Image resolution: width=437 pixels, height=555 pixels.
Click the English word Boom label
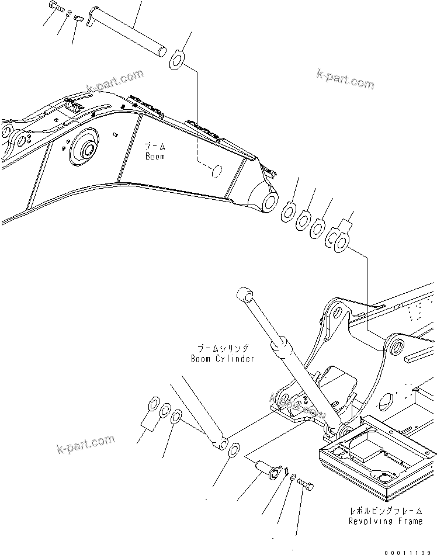(x=155, y=157)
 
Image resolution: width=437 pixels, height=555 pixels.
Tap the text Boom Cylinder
(x=223, y=358)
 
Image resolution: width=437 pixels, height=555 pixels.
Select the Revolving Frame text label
(x=385, y=521)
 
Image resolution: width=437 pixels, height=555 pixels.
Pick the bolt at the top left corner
(x=54, y=6)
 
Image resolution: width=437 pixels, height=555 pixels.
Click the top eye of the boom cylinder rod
(x=243, y=294)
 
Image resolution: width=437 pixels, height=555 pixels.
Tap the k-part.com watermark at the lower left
(x=86, y=444)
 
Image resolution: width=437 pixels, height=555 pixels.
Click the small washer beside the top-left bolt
(x=69, y=13)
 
